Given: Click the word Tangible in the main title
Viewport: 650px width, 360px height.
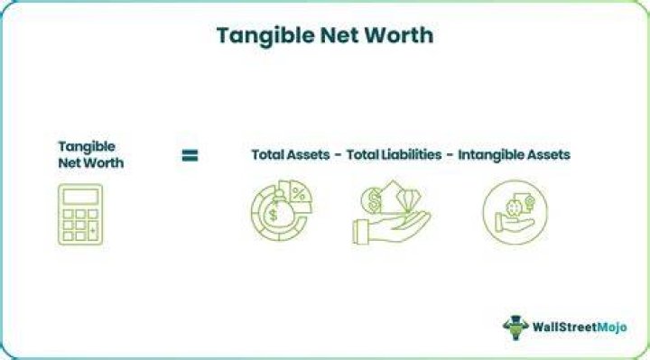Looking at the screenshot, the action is (x=265, y=36).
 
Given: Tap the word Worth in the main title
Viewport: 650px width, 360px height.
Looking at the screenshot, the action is (x=399, y=35).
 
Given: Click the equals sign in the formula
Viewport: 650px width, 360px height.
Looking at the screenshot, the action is (x=190, y=155).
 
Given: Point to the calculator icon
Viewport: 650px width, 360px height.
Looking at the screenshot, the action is (x=80, y=214).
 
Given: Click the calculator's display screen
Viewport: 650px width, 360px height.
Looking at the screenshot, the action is (x=80, y=197).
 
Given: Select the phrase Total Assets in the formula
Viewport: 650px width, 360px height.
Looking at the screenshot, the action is (x=291, y=154).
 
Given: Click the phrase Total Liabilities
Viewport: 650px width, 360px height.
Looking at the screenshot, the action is (x=394, y=154).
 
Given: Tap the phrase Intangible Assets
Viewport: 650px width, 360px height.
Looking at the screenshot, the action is (x=514, y=155).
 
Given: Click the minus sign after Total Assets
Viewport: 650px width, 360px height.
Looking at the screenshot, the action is (x=339, y=155).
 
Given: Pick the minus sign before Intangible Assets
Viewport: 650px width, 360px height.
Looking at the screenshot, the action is (x=450, y=155).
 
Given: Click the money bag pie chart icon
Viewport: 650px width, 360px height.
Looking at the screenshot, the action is (x=282, y=210).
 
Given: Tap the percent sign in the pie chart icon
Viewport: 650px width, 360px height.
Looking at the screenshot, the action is (x=299, y=194).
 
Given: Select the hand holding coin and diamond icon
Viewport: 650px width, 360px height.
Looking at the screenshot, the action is (x=391, y=212).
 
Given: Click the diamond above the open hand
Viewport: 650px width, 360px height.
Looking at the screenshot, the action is (x=408, y=199).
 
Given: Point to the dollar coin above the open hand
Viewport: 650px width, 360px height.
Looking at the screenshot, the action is (x=373, y=200).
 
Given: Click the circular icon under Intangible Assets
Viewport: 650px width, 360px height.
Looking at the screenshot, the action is (x=515, y=212).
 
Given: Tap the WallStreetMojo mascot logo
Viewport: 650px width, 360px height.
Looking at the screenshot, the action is (x=515, y=328).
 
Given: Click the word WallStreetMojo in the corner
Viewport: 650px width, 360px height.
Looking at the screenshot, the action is (x=580, y=328).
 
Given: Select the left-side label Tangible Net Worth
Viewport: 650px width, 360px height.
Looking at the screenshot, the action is (x=91, y=154).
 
